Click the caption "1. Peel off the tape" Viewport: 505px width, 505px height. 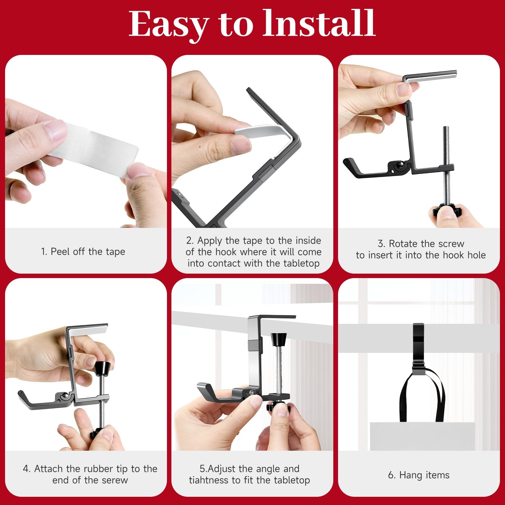[83, 252]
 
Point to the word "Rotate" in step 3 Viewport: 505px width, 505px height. [403, 244]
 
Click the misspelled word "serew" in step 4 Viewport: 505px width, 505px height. [112, 480]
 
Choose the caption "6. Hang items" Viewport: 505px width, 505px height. [419, 475]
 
